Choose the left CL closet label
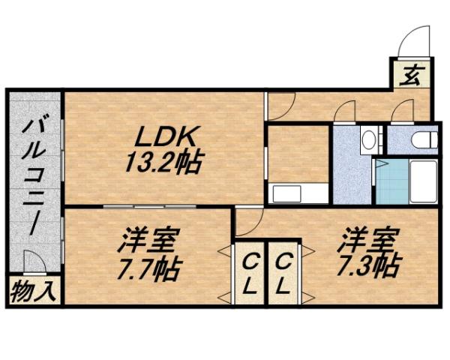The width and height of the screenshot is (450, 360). pos(250,273)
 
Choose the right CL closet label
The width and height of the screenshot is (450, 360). pos(283,273)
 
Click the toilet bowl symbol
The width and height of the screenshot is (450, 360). pos(424,140)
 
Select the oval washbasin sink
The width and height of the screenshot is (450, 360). pos(368,139)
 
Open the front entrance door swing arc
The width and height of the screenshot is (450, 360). pos(412,41)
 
